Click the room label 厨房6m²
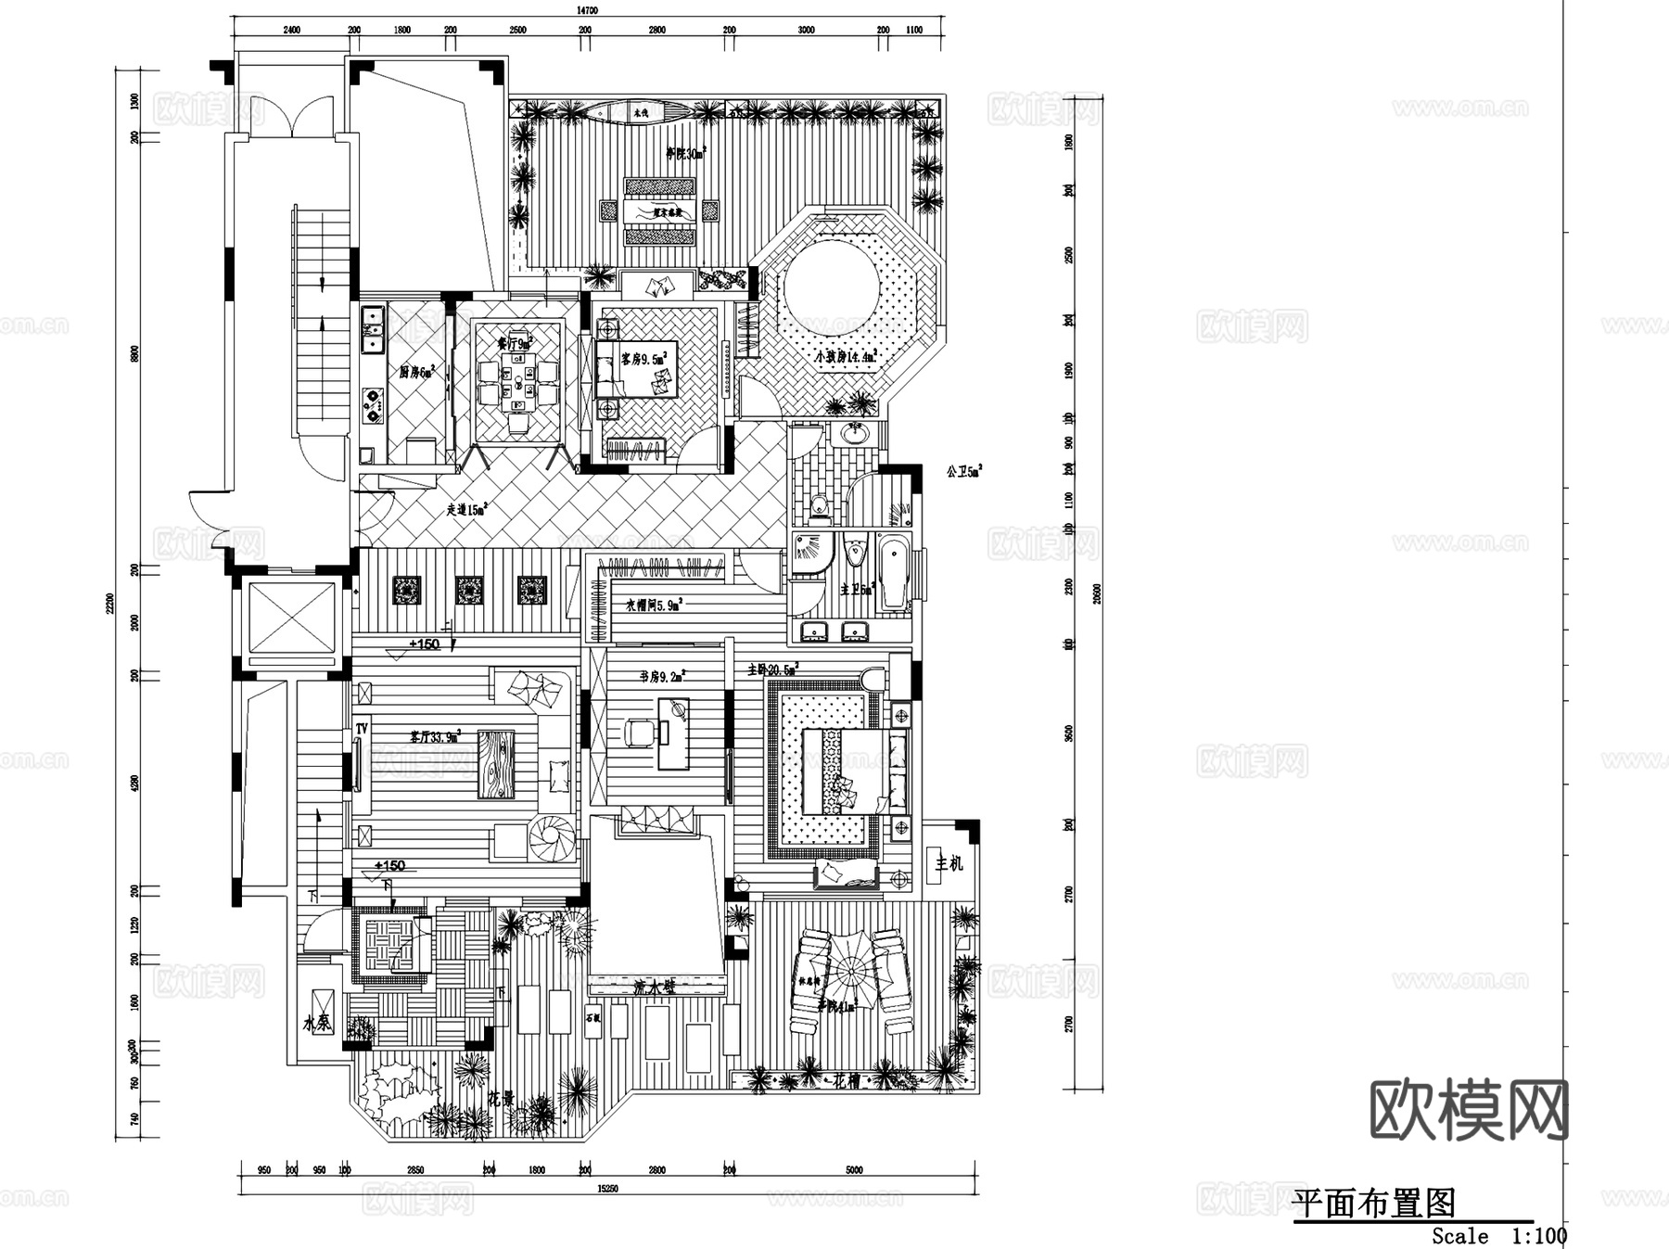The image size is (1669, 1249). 417,373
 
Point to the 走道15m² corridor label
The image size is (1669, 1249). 467,509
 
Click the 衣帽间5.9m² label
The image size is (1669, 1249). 654,605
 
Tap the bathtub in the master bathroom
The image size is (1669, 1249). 894,572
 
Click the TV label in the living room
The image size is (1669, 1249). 361,729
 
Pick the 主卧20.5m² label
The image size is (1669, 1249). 772,669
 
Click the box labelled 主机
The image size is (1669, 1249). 948,863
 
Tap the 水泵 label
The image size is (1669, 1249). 317,1024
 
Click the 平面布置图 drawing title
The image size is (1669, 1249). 1374,1203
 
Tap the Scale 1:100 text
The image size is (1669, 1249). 1498,1236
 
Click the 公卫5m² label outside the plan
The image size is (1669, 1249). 963,472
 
